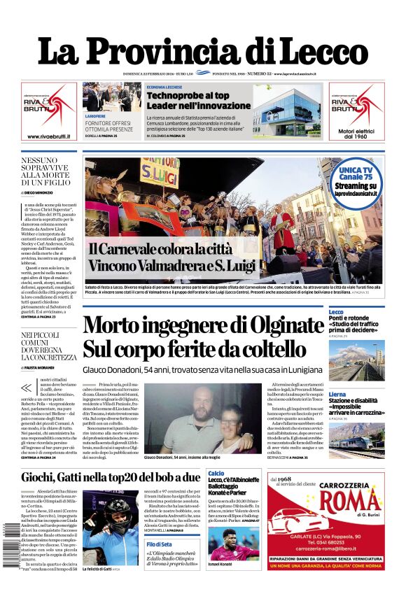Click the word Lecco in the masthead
tap(318, 50)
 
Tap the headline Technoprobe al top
tap(188, 96)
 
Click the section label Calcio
tap(216, 474)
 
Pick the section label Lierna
tap(337, 395)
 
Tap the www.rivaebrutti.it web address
tap(48, 136)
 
